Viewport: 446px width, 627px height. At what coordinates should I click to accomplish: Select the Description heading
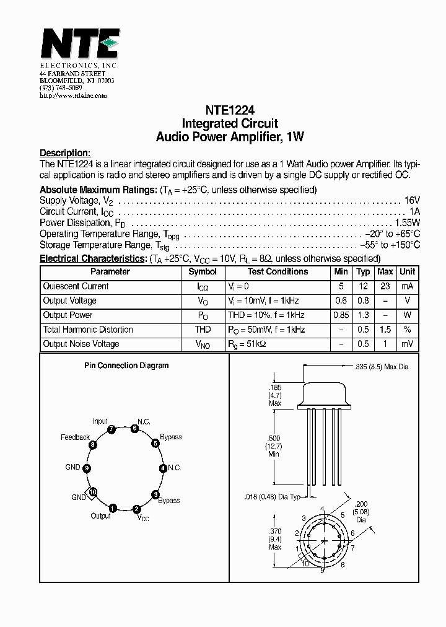(x=65, y=153)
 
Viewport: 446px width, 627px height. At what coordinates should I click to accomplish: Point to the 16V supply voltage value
(x=412, y=201)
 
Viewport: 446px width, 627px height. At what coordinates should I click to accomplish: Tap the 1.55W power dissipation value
(x=407, y=223)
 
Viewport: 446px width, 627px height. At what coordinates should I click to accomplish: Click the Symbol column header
(x=203, y=272)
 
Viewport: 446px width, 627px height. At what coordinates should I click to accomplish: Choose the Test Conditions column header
(x=278, y=272)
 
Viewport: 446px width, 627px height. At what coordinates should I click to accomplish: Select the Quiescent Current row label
(x=76, y=287)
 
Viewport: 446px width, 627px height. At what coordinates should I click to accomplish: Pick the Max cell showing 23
(x=385, y=287)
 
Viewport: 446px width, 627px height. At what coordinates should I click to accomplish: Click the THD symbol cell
(x=203, y=330)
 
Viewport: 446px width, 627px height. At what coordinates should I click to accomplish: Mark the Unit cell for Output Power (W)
(x=407, y=315)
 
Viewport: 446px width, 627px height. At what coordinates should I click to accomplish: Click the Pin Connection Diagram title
(x=126, y=366)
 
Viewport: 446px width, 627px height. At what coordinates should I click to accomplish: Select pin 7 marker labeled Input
(x=111, y=429)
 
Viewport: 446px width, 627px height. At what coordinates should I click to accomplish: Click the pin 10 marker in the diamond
(x=92, y=493)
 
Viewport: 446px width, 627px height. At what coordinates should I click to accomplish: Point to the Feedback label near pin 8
(x=75, y=437)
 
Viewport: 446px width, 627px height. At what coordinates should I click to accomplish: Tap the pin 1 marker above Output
(x=112, y=509)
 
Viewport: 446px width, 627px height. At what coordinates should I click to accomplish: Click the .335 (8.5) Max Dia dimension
(x=382, y=367)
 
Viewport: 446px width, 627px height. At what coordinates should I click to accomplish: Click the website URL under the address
(x=72, y=96)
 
